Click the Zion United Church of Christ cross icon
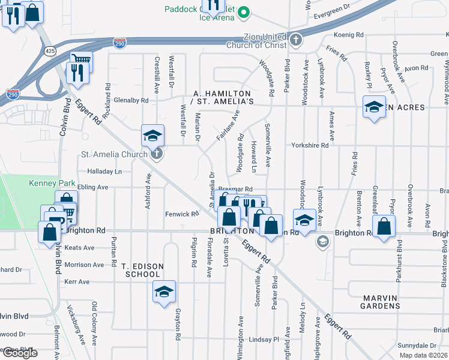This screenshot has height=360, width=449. click(x=295, y=40)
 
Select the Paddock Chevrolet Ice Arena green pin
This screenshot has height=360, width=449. click(x=244, y=12)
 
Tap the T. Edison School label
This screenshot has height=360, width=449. click(x=140, y=270)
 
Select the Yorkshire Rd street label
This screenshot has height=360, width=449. click(x=310, y=145)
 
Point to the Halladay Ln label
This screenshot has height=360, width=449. click(x=104, y=172)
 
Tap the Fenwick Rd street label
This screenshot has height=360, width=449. click(x=182, y=214)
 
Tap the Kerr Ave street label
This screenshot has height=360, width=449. click(x=76, y=281)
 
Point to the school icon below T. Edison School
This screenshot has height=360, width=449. click(x=164, y=292)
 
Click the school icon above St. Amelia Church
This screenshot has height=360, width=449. click(x=153, y=136)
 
